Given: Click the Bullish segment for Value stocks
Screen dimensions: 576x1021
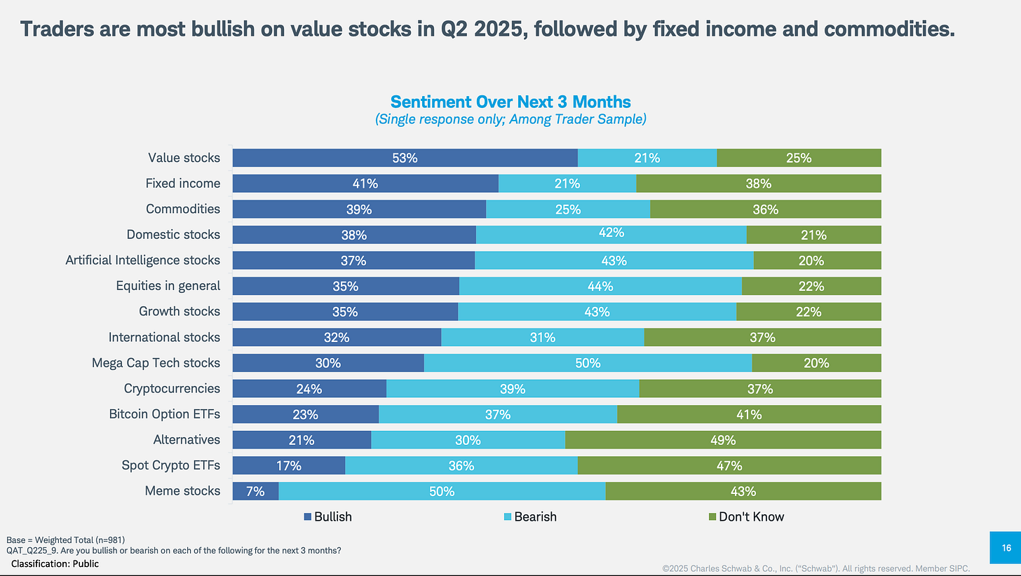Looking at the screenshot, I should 405,158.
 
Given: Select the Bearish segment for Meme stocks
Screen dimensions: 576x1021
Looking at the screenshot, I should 442,491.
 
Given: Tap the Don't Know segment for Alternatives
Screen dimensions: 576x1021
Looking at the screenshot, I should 723,440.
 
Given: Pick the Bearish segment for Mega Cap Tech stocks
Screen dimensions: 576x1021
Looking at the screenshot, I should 588,363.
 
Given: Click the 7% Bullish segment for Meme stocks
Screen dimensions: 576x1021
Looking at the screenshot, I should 255,491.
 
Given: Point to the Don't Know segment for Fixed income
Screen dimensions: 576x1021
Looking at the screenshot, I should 758,184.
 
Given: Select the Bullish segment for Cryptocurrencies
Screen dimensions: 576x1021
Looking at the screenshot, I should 309,389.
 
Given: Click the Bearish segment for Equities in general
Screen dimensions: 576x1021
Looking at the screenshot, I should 600,286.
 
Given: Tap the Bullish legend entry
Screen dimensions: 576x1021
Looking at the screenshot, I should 327,516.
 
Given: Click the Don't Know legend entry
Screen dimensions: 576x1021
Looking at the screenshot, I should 745,516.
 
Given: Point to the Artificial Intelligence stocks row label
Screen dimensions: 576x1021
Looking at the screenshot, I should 143,260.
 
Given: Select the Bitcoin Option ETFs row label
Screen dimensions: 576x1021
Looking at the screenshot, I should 165,414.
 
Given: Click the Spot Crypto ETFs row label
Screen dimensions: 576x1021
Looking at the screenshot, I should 171,465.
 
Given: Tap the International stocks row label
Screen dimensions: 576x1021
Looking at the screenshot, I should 164,337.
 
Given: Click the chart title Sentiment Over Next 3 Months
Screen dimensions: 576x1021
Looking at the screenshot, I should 510,102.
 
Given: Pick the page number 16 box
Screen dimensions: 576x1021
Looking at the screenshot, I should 1006,547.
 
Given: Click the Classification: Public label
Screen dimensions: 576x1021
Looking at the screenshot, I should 54,563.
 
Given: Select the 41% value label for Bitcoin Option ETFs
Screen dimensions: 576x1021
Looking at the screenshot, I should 748,414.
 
